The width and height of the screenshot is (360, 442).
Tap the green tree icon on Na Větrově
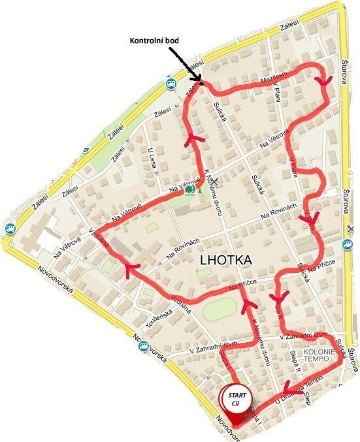(189, 190)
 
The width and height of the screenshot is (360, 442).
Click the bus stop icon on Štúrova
(347, 244)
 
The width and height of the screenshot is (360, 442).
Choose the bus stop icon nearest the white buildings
(9, 229)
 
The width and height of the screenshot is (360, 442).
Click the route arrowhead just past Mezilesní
(319, 80)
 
